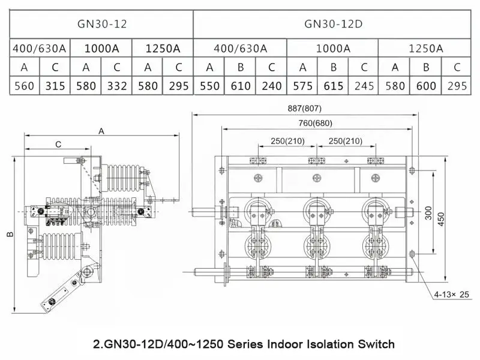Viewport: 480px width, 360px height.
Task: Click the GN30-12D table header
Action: click(x=332, y=25)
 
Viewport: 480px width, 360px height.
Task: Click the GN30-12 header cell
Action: click(x=102, y=25)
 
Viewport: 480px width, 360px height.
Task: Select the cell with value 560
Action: click(x=25, y=86)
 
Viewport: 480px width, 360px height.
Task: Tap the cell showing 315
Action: click(x=55, y=86)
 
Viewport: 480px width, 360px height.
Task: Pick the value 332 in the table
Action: click(x=116, y=86)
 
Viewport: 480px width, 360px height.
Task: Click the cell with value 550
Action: click(x=209, y=86)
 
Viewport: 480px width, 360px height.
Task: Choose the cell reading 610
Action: click(x=241, y=86)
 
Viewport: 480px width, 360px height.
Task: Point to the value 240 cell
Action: click(x=272, y=86)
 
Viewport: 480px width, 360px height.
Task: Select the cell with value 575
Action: click(x=303, y=86)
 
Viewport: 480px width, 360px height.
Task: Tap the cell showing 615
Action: click(x=334, y=86)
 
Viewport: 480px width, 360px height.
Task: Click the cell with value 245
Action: click(x=364, y=86)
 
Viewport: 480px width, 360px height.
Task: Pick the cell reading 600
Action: click(x=426, y=86)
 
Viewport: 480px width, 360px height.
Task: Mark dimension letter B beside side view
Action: click(x=10, y=233)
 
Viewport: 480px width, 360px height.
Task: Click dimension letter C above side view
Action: click(x=58, y=144)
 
